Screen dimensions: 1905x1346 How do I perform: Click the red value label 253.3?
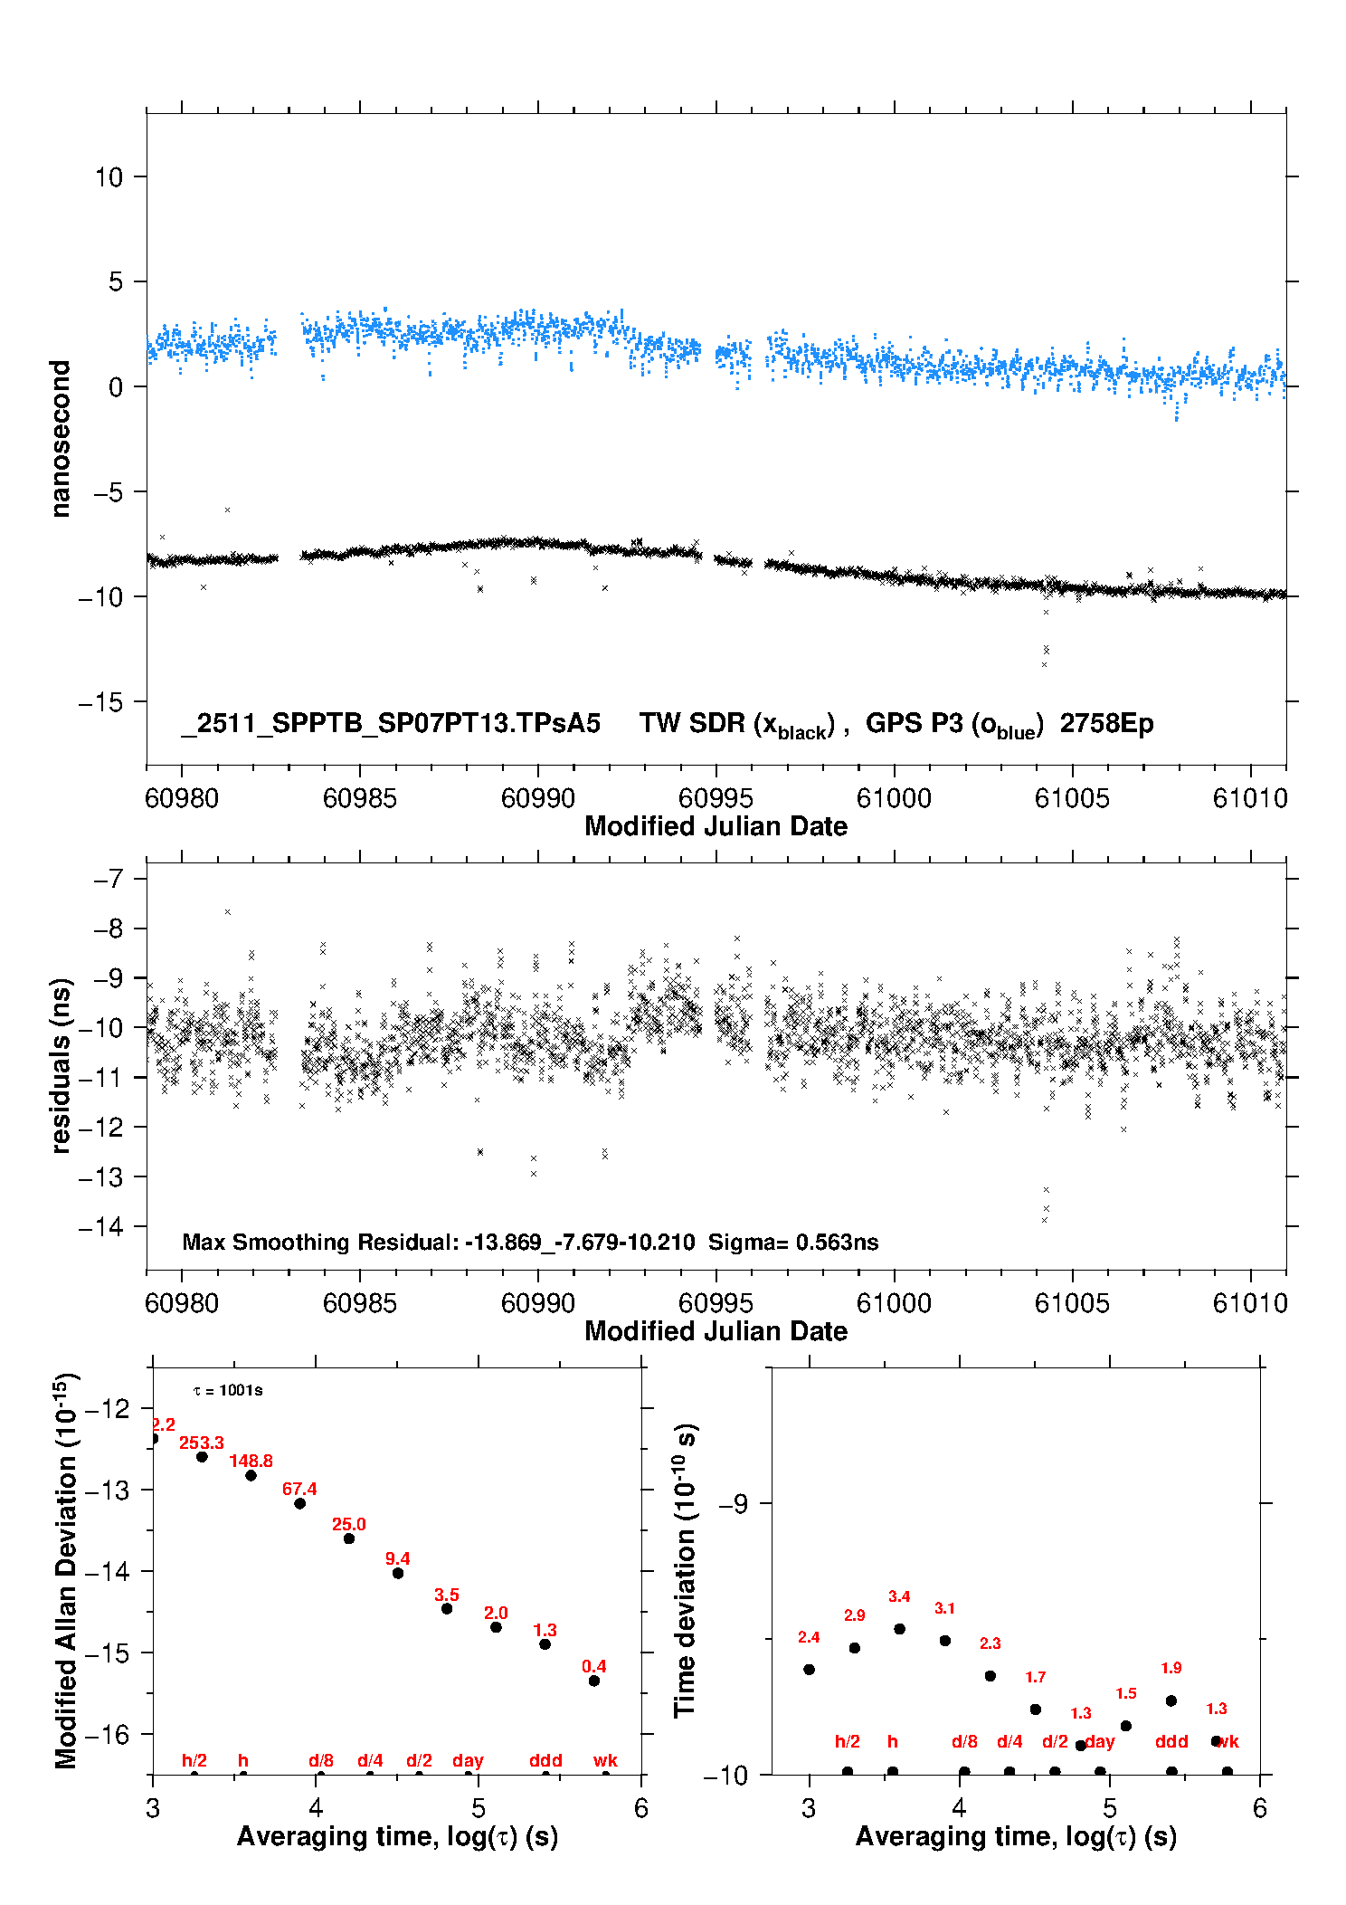pyautogui.click(x=201, y=1443)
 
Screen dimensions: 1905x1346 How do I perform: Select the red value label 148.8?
pyautogui.click(x=251, y=1461)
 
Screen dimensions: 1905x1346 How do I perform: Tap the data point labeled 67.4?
pyautogui.click(x=299, y=1503)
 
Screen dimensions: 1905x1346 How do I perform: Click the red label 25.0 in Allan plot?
pyautogui.click(x=348, y=1524)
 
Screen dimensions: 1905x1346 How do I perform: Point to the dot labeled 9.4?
pyautogui.click(x=398, y=1573)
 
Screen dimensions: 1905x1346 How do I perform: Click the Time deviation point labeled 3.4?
pyautogui.click(x=899, y=1629)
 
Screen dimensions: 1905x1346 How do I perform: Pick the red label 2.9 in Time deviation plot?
pyautogui.click(x=854, y=1615)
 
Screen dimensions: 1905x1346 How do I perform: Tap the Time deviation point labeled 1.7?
pyautogui.click(x=1036, y=1710)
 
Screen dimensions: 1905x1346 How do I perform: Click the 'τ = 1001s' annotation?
pyautogui.click(x=228, y=1390)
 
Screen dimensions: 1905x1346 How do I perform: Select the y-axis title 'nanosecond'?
pyautogui.click(x=60, y=439)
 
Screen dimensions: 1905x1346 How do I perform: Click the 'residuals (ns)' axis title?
pyautogui.click(x=60, y=1065)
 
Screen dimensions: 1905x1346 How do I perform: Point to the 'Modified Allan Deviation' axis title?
pyautogui.click(x=65, y=1570)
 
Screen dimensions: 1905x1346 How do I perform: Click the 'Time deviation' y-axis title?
pyautogui.click(x=685, y=1571)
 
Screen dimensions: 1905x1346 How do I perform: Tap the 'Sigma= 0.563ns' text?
pyautogui.click(x=792, y=1243)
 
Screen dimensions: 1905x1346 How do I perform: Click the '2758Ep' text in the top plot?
pyautogui.click(x=1106, y=724)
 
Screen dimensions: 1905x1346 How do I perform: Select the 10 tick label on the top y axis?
pyautogui.click(x=109, y=177)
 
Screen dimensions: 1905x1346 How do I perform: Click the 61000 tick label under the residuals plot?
pyautogui.click(x=894, y=1303)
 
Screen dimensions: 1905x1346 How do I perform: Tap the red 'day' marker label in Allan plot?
pyautogui.click(x=468, y=1760)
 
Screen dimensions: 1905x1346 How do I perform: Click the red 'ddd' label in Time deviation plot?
pyautogui.click(x=1171, y=1741)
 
